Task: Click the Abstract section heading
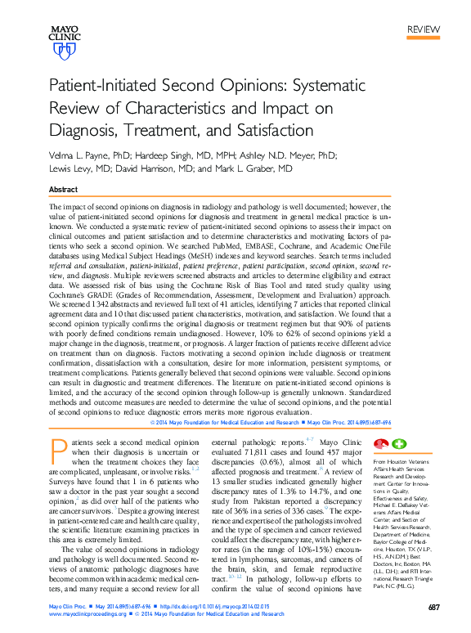click(x=63, y=189)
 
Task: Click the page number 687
click(x=433, y=607)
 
